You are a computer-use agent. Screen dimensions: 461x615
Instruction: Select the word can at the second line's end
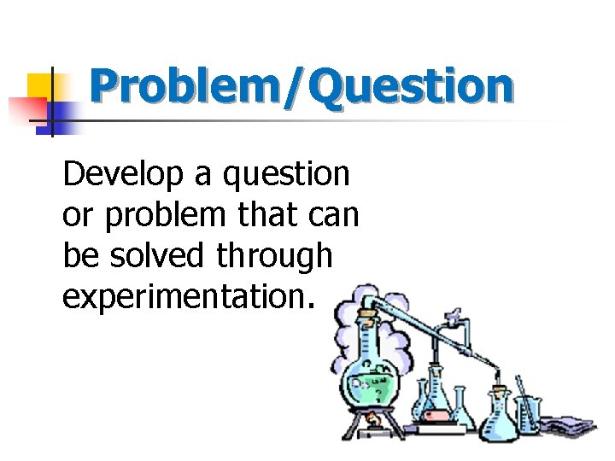click(334, 217)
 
